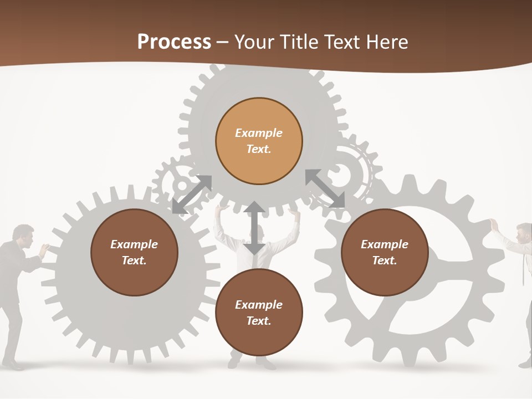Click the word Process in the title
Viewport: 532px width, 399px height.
tap(174, 42)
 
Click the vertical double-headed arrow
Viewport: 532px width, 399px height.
tap(254, 228)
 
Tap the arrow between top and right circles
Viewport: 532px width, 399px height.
tap(325, 188)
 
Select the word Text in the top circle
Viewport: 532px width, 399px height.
tap(259, 149)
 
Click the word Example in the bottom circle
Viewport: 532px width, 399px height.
tap(259, 305)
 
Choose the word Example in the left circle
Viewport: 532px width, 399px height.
tap(134, 244)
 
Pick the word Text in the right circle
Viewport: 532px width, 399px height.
tap(385, 260)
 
